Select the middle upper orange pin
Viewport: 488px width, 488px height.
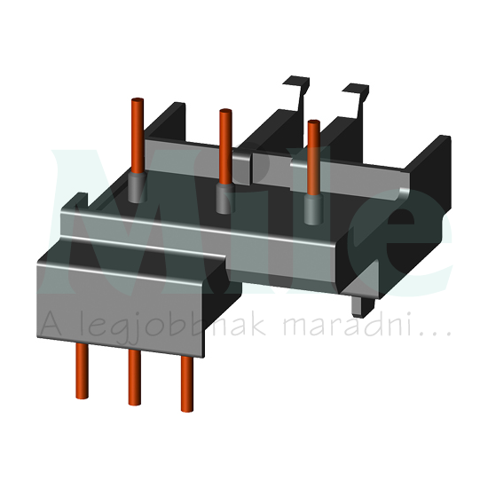[224, 142]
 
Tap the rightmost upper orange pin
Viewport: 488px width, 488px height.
[313, 155]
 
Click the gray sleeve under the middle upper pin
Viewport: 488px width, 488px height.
[224, 197]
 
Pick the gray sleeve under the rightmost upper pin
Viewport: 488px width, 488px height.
[312, 209]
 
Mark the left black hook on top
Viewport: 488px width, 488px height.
[295, 89]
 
